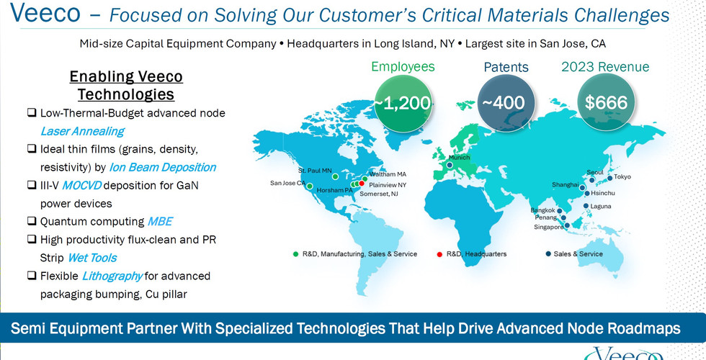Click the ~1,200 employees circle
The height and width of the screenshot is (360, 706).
click(x=403, y=102)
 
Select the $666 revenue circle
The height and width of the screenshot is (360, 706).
click(x=606, y=102)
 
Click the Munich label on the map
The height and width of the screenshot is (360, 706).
click(x=460, y=158)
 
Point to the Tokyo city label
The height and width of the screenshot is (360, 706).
click(x=622, y=177)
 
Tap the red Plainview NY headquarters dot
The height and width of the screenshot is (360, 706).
click(x=362, y=183)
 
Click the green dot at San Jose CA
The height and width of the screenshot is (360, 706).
click(x=310, y=186)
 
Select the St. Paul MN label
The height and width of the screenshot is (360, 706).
click(x=316, y=171)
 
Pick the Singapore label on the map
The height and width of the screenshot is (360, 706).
click(x=548, y=228)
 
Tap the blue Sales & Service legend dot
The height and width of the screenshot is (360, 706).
click(x=548, y=253)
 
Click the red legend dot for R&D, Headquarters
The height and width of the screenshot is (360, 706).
click(x=440, y=254)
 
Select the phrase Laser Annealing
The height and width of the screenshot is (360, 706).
click(x=82, y=131)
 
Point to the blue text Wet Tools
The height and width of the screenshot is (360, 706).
click(x=92, y=258)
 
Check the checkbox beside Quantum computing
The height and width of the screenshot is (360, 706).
click(x=32, y=221)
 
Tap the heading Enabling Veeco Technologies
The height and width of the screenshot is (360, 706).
click(x=126, y=86)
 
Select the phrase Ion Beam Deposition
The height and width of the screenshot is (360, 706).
click(x=162, y=167)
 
